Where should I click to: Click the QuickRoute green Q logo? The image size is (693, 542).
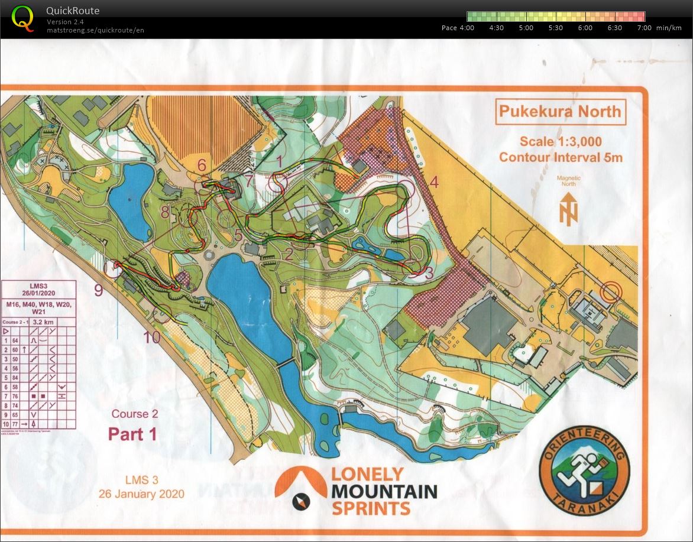pos(23,18)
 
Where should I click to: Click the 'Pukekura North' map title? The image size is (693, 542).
pos(559,111)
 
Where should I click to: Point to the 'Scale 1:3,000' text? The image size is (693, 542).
pos(561,141)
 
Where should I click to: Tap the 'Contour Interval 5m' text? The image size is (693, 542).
pos(561,157)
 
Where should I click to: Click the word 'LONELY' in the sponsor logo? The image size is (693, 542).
pos(367,474)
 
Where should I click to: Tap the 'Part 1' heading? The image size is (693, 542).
pos(132,434)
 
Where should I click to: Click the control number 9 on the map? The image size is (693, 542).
pos(98,290)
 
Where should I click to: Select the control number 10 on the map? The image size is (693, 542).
pos(151,337)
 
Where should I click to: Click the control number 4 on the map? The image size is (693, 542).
pos(433,182)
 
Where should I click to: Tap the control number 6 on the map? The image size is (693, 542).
pos(202,165)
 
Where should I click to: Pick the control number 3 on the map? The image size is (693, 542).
pos(429,272)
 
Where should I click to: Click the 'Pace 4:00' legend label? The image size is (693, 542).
pos(458,28)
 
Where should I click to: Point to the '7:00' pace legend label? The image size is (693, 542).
pos(645,28)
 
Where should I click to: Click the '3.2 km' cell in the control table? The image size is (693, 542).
pos(45,322)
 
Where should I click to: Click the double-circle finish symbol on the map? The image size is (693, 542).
pos(611,291)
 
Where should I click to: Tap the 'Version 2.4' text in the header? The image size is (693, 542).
pos(65,22)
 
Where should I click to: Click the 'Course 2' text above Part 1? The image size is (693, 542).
pos(135,414)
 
